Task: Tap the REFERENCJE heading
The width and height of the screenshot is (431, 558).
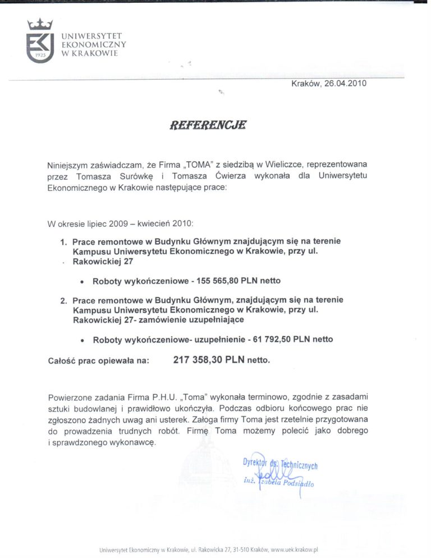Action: click(x=208, y=125)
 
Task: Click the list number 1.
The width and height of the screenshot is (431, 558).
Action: click(x=63, y=242)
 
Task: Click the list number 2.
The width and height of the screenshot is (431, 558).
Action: click(x=63, y=301)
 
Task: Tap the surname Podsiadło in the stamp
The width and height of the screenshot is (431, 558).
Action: click(x=298, y=483)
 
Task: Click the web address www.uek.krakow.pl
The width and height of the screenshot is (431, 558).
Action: click(x=295, y=550)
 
